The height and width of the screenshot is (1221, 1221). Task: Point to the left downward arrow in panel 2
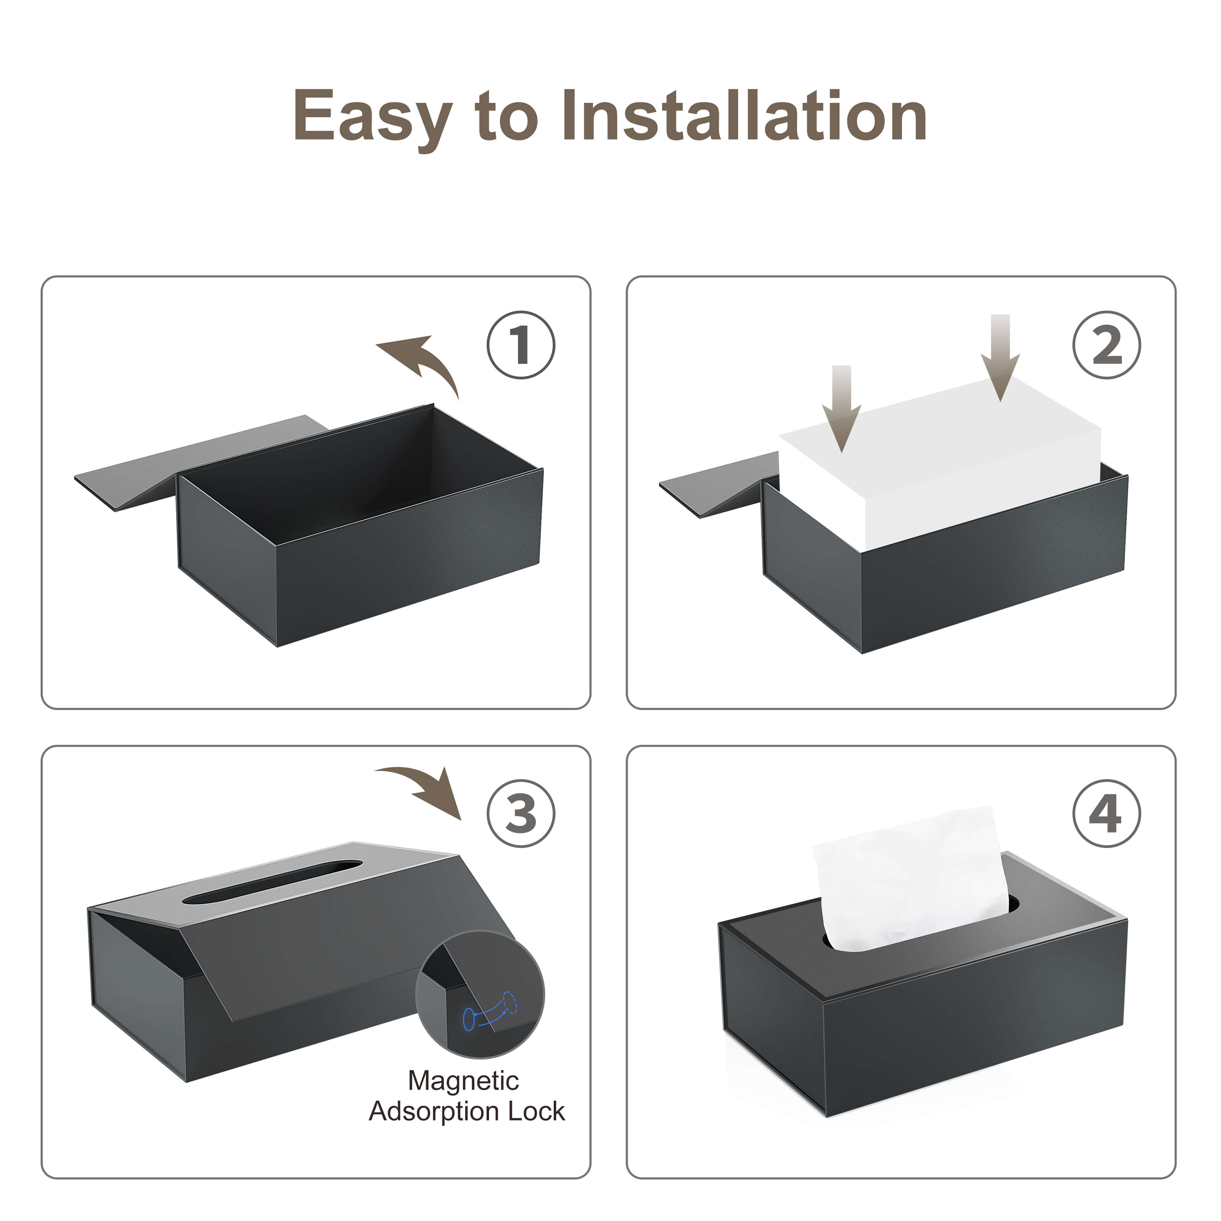tap(841, 408)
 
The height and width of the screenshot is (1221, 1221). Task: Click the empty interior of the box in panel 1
tap(354, 480)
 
